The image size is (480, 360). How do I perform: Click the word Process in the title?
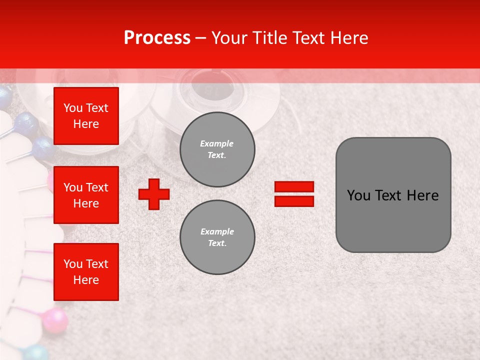click(157, 38)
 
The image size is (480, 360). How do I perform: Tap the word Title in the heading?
click(270, 38)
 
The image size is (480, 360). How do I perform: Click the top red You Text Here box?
click(86, 116)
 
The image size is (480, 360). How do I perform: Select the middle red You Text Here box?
click(86, 195)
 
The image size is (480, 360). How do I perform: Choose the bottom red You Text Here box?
click(86, 272)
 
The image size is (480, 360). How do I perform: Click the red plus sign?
click(154, 194)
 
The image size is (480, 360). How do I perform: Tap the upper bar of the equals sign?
click(294, 186)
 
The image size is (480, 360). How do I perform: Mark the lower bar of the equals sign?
click(294, 201)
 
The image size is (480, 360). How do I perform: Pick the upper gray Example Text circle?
click(217, 149)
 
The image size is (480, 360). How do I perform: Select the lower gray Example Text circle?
click(217, 237)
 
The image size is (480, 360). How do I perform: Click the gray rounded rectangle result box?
click(393, 195)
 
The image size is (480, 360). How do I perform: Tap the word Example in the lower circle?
click(217, 231)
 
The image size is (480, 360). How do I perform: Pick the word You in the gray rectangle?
click(358, 195)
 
